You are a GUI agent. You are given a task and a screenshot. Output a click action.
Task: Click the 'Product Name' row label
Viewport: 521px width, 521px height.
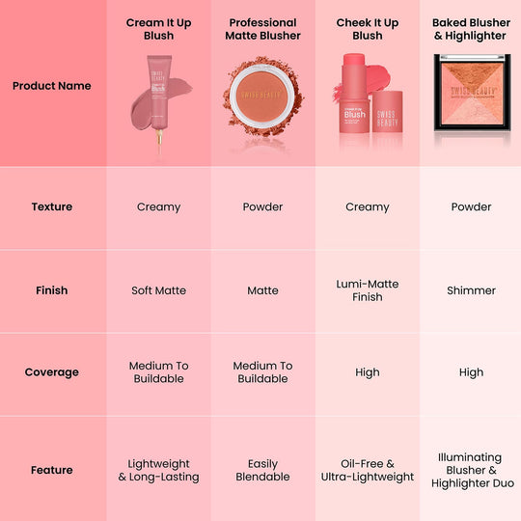(52, 86)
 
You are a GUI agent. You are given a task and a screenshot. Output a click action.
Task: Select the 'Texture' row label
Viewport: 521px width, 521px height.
(52, 206)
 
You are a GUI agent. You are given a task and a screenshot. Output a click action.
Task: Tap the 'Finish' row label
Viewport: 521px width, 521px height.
(52, 290)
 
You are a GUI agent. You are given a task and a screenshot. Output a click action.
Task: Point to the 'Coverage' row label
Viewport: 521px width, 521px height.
(52, 372)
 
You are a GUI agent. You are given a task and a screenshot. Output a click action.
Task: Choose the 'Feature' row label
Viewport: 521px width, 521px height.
(52, 470)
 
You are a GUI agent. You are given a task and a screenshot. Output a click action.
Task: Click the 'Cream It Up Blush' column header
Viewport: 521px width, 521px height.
(158, 29)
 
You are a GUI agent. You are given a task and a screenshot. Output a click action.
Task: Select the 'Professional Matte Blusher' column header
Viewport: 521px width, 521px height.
(262, 29)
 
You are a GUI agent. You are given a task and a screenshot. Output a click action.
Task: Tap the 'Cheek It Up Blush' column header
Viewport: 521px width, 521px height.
(368, 29)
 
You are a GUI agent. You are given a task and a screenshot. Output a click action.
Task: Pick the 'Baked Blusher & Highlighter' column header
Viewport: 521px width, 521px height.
(470, 29)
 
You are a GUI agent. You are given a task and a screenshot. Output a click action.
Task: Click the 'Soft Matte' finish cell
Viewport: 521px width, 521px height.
(158, 290)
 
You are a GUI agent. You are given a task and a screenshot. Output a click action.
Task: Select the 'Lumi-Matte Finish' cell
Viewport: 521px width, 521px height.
(368, 290)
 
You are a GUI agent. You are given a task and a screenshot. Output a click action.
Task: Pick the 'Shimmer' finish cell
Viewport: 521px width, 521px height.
(471, 290)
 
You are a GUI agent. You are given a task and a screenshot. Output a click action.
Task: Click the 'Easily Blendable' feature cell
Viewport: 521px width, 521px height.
(262, 470)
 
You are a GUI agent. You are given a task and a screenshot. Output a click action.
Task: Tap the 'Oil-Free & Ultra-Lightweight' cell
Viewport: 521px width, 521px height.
(368, 470)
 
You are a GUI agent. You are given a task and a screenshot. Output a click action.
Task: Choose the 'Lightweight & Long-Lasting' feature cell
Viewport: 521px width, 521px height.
(158, 470)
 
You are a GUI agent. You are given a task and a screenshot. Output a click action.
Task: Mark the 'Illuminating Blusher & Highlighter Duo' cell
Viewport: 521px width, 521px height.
(470, 470)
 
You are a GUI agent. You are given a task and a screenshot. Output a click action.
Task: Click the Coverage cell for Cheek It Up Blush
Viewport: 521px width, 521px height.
(368, 372)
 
